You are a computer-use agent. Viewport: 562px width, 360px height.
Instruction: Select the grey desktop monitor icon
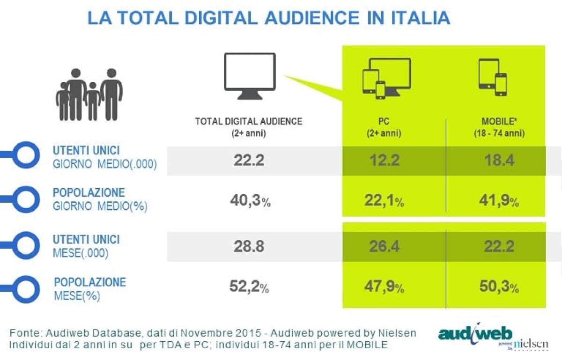click(x=249, y=76)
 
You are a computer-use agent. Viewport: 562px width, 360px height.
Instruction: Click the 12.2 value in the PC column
click(x=383, y=161)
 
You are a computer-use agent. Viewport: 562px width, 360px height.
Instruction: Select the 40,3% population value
click(x=250, y=200)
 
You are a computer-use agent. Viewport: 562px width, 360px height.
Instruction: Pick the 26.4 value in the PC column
click(x=384, y=246)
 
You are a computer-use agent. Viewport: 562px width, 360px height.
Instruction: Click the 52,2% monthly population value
click(x=250, y=287)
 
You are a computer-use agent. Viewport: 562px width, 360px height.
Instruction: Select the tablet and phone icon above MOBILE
click(x=493, y=77)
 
